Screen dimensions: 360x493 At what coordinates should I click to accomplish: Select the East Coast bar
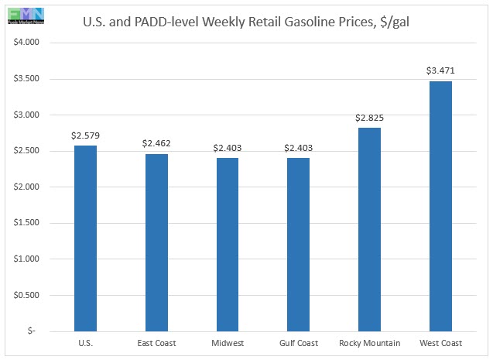click(x=156, y=242)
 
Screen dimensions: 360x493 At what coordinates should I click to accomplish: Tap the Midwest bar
click(x=227, y=244)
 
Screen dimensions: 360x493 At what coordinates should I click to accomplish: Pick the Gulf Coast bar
click(x=298, y=244)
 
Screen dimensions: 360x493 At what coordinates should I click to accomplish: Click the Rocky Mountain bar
click(x=369, y=229)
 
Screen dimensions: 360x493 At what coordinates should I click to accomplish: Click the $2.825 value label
click(x=369, y=118)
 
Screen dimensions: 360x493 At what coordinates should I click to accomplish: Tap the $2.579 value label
click(x=85, y=135)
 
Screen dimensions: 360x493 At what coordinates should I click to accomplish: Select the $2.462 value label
click(x=156, y=143)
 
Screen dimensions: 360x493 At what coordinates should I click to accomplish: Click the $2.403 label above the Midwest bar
click(x=227, y=148)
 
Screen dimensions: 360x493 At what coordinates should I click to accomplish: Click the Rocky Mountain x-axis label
click(x=369, y=343)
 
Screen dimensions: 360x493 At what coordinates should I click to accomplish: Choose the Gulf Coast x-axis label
click(x=298, y=343)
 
